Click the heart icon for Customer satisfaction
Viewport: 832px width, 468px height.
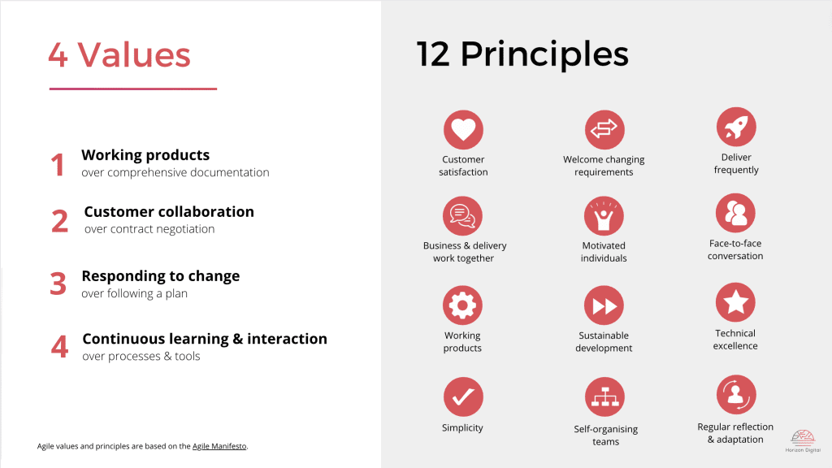coord(463,130)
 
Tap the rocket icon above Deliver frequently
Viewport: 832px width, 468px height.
coord(736,128)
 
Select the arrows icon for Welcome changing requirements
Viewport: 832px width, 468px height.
coord(604,130)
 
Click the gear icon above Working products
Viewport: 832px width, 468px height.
coord(462,305)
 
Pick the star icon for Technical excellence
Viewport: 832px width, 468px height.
coord(736,303)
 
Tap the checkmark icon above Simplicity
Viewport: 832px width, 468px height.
coord(463,397)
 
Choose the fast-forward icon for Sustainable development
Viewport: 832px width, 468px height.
coord(604,305)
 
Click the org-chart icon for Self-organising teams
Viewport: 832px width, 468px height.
coord(604,398)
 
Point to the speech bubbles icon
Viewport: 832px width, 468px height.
coord(462,216)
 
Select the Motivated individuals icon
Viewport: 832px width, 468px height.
coord(604,216)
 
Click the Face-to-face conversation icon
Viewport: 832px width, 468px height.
coord(736,213)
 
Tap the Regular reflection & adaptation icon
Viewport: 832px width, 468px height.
coord(736,395)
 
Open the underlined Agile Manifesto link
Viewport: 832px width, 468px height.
coord(219,446)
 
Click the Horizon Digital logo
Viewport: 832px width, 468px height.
coord(803,440)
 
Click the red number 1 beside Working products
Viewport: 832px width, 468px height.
coord(57,165)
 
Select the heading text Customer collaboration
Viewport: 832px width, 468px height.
coord(169,212)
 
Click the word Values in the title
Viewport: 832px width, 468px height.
coord(134,54)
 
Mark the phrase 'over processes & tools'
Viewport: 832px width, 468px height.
coord(141,356)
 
